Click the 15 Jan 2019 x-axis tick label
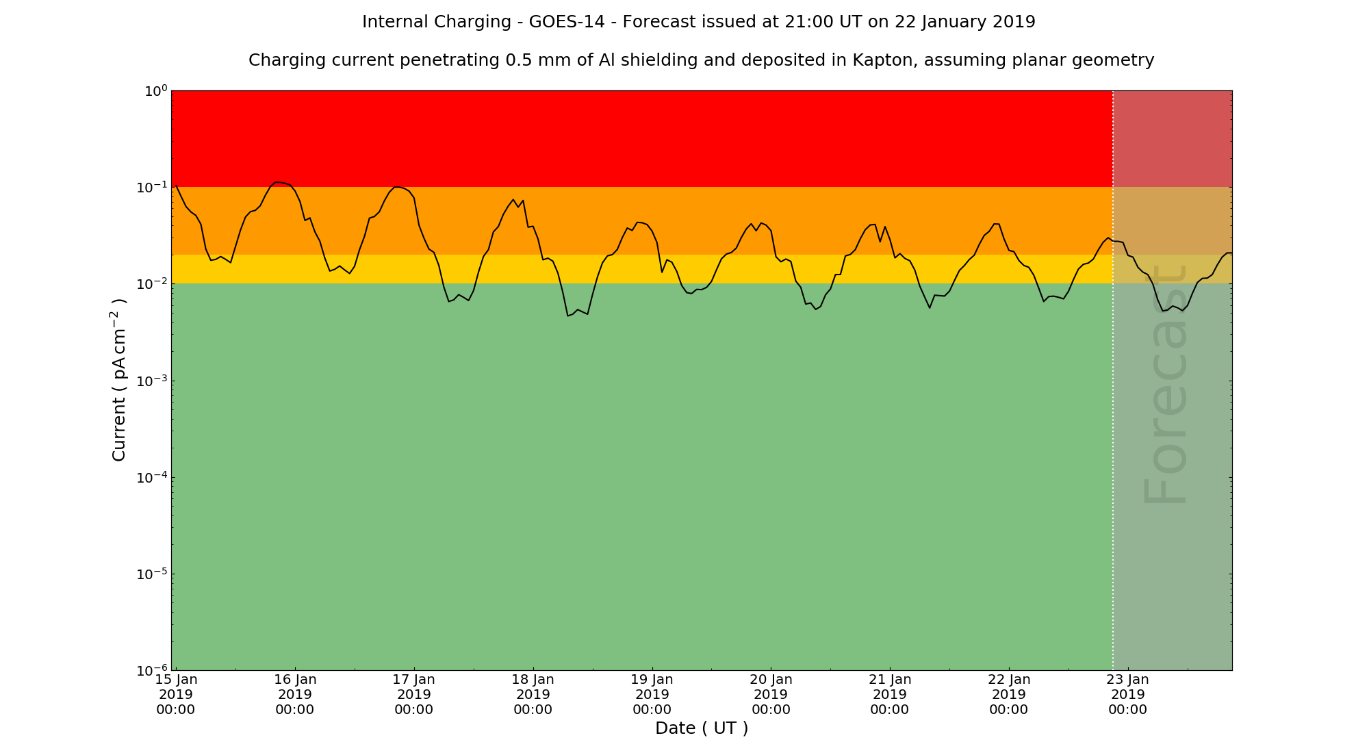tap(176, 694)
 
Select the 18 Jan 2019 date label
tap(533, 694)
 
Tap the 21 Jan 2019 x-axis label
tap(890, 694)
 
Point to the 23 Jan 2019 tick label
tap(1127, 694)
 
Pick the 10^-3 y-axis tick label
tap(151, 381)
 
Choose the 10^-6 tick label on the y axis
tap(151, 670)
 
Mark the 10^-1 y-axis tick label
tap(151, 188)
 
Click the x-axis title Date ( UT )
tap(702, 728)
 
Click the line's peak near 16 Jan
tap(277, 182)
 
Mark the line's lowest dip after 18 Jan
tap(568, 316)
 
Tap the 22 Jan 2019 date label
tap(1009, 694)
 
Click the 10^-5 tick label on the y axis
tap(151, 574)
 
